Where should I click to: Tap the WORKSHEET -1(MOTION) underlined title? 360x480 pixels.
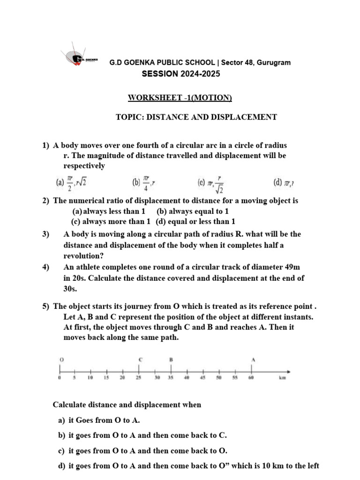click(180, 98)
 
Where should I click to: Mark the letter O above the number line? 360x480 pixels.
click(61, 359)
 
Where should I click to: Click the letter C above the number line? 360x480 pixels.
click(140, 359)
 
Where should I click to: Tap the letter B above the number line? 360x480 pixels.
click(171, 359)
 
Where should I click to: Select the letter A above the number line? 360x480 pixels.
click(253, 359)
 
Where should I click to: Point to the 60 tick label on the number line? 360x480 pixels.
click(251, 377)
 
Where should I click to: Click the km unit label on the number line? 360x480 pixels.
click(283, 377)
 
